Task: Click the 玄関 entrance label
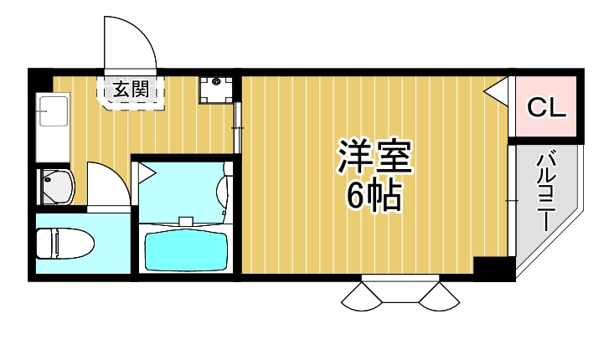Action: (133, 87)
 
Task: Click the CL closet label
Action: (546, 107)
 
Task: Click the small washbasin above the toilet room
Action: (56, 186)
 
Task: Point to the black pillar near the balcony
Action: (494, 270)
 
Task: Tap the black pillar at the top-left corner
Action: (40, 80)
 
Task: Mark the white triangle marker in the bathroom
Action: (147, 173)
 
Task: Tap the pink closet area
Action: (546, 107)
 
